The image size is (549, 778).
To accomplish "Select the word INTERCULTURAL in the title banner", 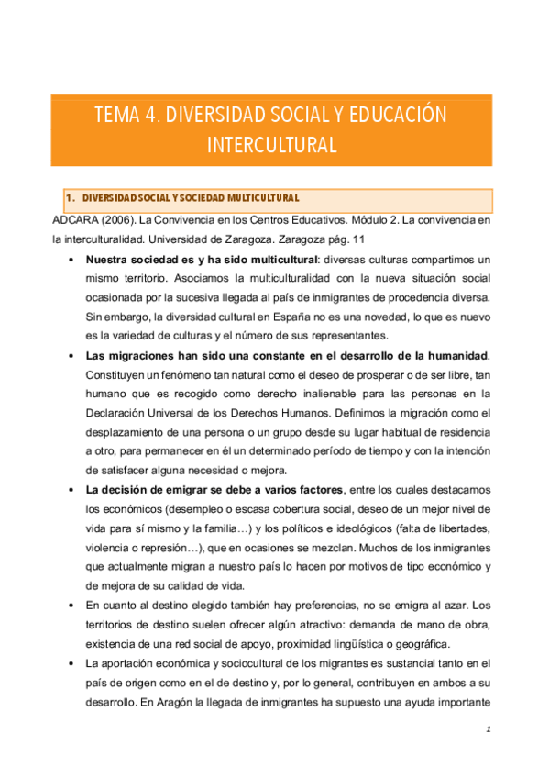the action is (272, 144).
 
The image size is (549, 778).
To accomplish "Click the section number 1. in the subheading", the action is (71, 198).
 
